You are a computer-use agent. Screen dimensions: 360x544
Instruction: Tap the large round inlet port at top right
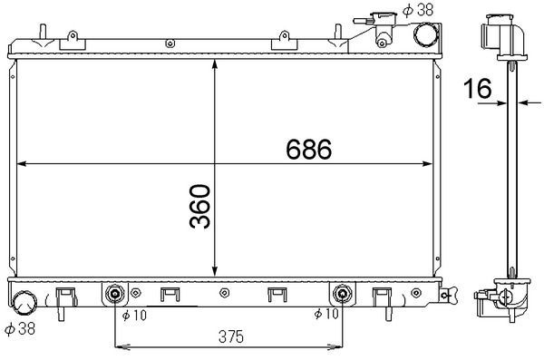tap(424, 34)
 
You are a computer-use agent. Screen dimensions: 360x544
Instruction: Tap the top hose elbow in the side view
tap(501, 34)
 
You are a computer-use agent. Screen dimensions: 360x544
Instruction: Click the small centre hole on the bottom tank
tap(223, 293)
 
